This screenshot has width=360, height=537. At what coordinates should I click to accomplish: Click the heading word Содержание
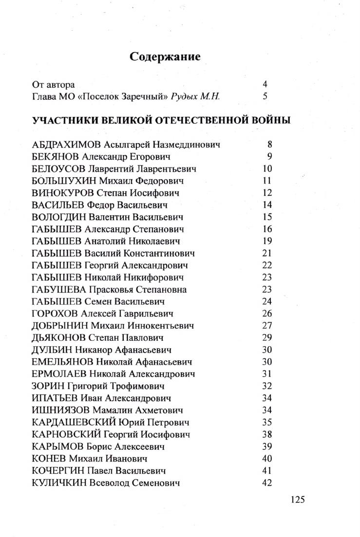[165, 57]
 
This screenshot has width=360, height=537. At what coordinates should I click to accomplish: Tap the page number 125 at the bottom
[297, 500]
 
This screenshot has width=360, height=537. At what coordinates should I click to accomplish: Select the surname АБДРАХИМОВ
[67, 145]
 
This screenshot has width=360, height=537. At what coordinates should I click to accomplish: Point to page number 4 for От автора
[265, 84]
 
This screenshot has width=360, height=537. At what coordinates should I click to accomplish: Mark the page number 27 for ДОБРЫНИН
[266, 326]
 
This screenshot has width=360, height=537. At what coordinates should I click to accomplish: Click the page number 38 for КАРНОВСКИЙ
[266, 434]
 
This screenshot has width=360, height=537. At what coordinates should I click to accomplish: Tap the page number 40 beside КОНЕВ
[266, 459]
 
